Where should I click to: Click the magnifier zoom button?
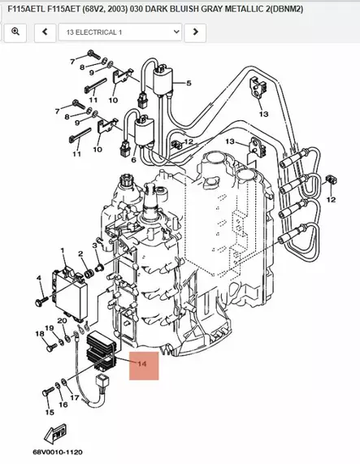coord(15,33)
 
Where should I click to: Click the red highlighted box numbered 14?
coord(141,365)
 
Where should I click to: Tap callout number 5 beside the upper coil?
coord(189,84)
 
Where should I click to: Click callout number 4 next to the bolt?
coord(37,279)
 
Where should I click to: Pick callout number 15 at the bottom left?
coord(49,412)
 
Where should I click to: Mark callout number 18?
coord(38,334)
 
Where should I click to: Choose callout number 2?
coord(81,254)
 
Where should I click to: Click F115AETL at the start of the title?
coord(25,8)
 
